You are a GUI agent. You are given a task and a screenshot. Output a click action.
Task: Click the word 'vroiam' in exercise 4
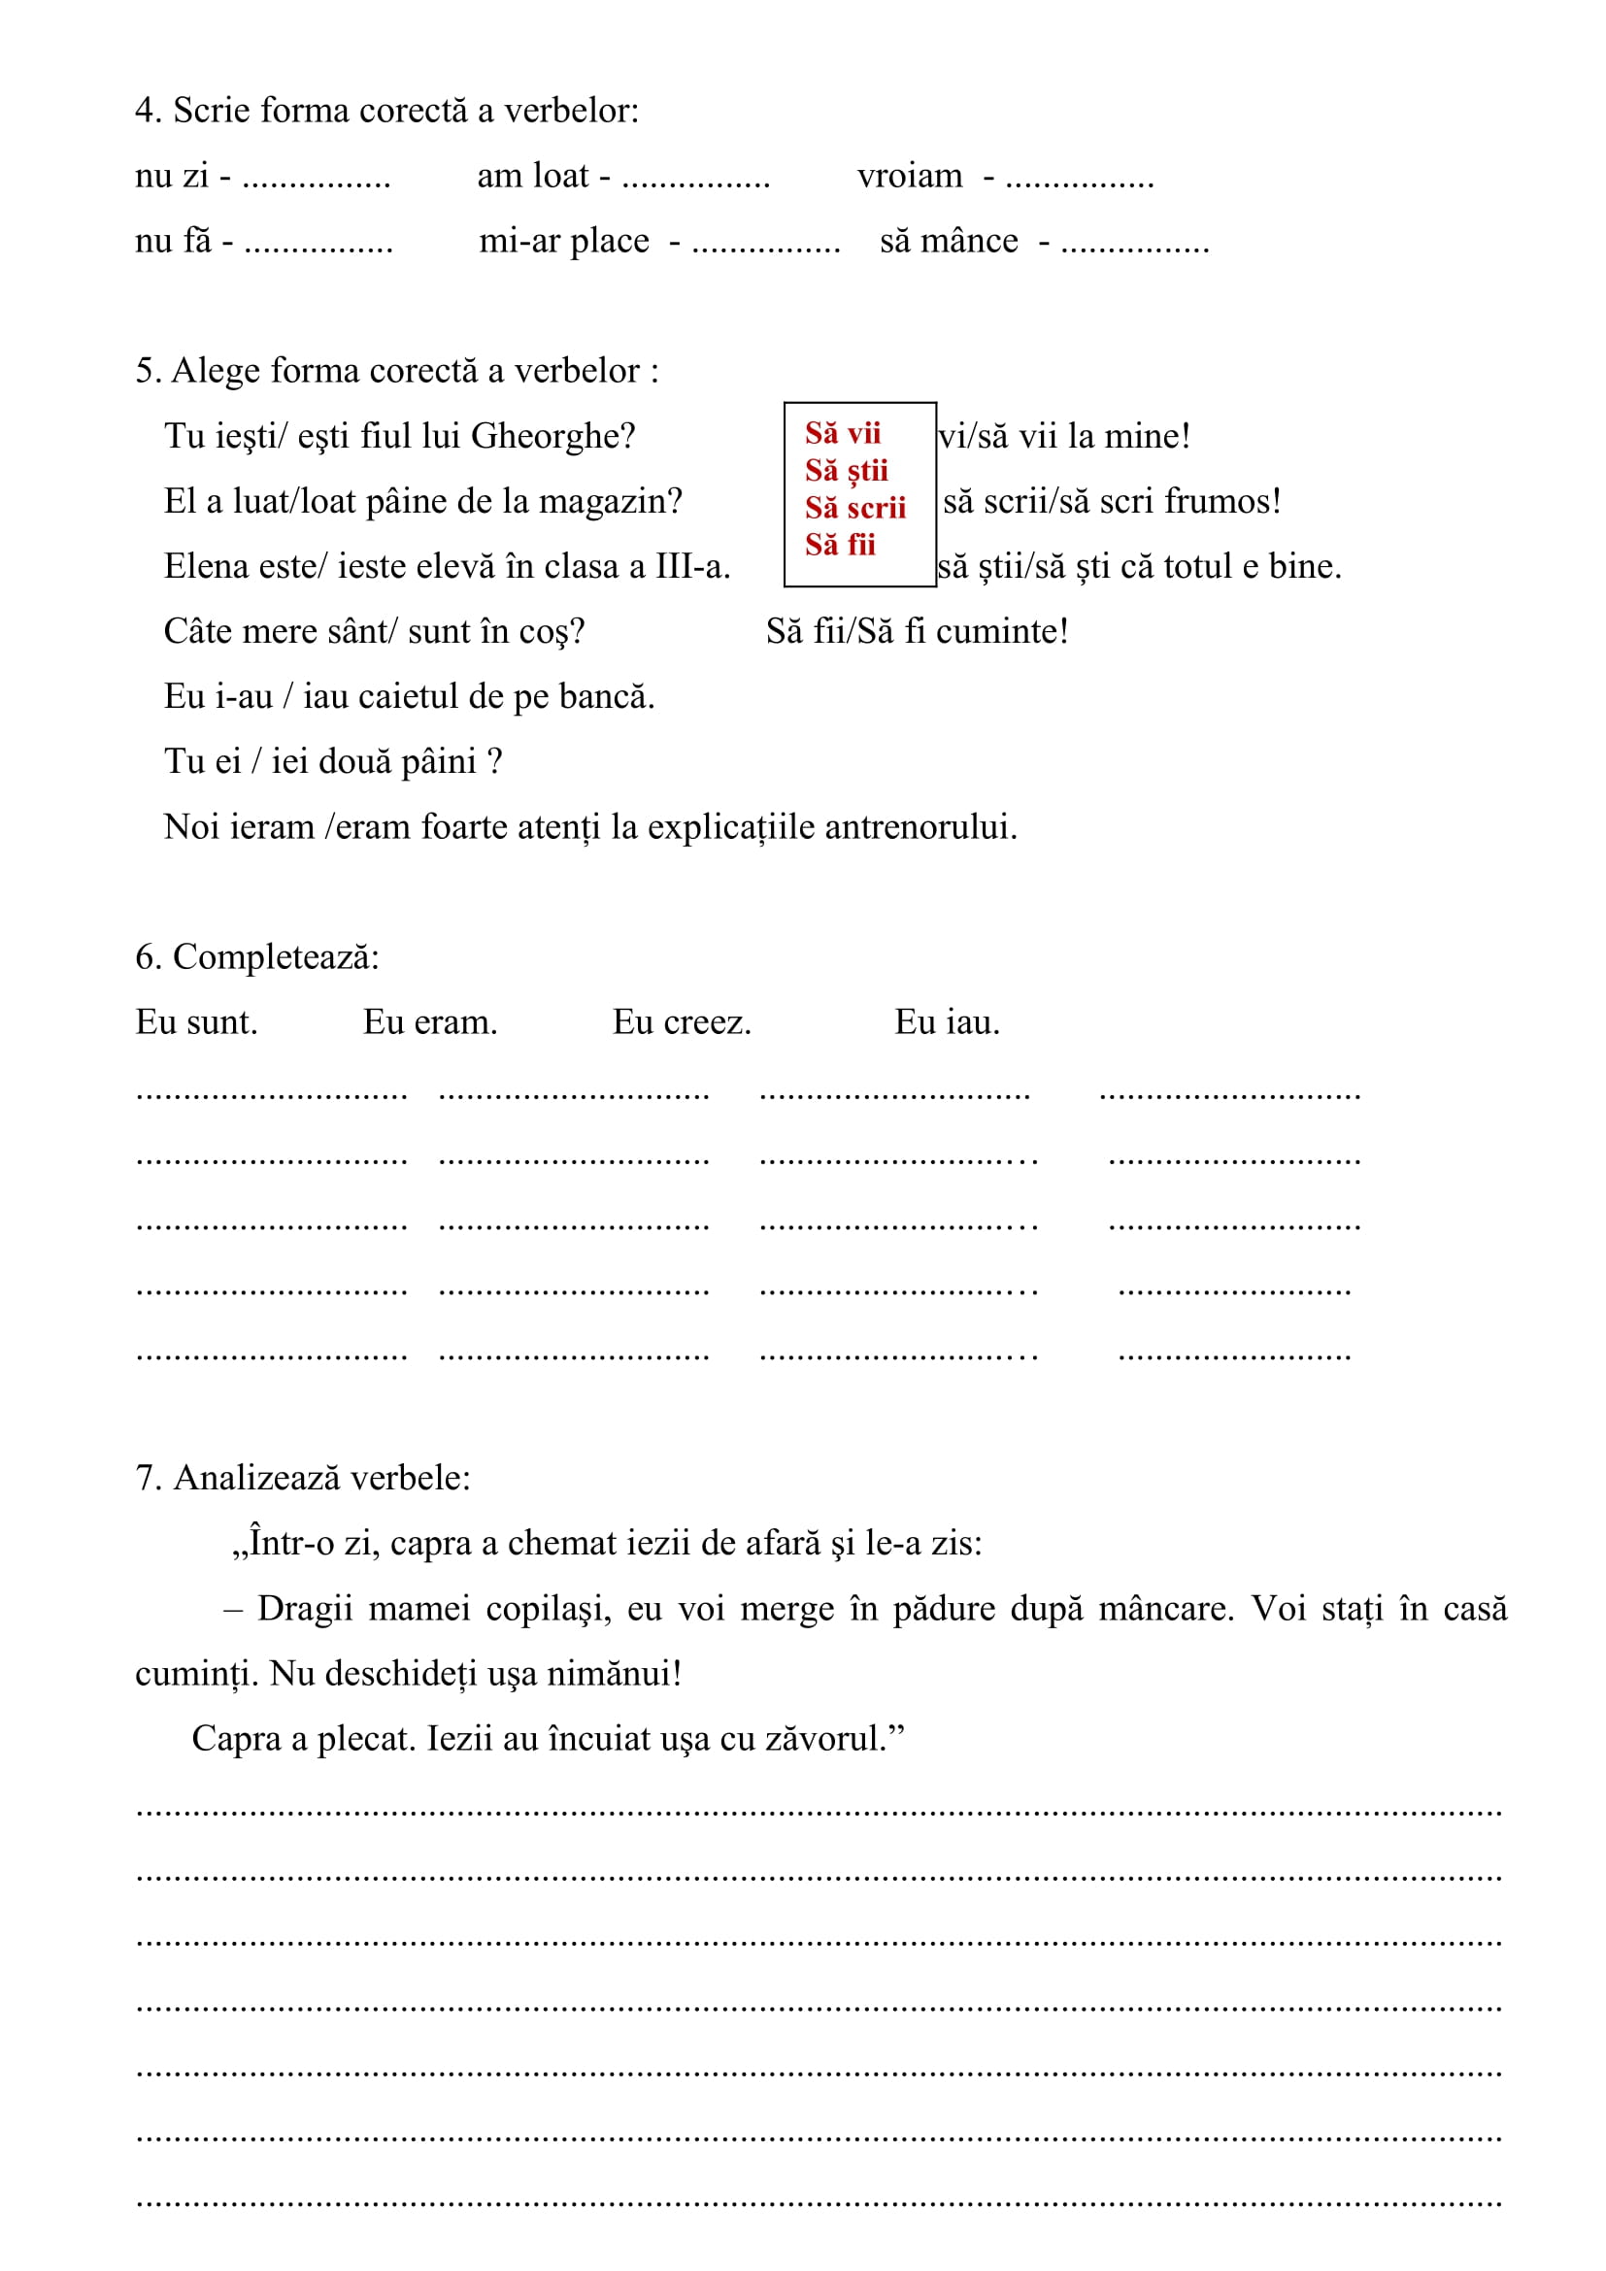(x=909, y=176)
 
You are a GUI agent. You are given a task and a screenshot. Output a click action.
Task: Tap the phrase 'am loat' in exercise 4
(x=533, y=176)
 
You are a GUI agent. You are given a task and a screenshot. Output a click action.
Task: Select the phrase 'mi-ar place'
(x=564, y=242)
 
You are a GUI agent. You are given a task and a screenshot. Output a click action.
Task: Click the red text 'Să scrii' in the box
(x=854, y=508)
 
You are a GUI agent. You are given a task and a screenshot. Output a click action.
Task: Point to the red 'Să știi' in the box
(x=846, y=470)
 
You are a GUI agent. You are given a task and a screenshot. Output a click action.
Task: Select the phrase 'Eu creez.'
(x=682, y=1022)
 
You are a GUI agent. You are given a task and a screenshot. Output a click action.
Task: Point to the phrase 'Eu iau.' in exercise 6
(x=947, y=1022)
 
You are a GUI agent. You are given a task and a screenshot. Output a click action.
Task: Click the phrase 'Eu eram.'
(x=429, y=1022)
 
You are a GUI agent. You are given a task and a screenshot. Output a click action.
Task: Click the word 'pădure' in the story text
(x=944, y=1609)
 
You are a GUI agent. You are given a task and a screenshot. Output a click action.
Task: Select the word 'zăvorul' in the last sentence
(x=825, y=1739)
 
